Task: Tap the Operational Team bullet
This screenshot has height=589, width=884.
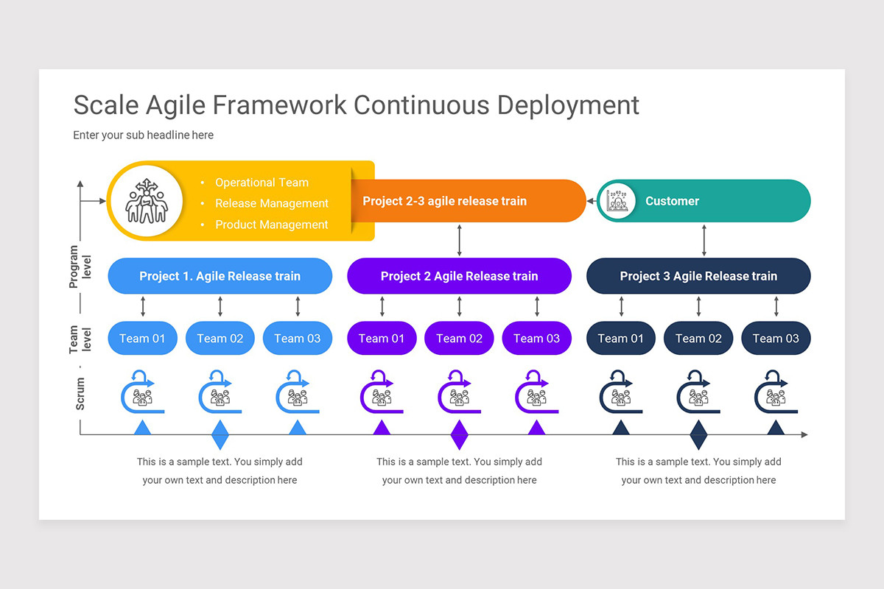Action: (x=262, y=183)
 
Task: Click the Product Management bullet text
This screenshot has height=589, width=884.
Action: (x=271, y=225)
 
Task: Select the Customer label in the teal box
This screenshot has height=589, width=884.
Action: (x=672, y=201)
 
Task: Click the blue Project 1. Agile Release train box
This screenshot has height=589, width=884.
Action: (x=220, y=276)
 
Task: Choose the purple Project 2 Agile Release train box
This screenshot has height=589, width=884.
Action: (x=459, y=276)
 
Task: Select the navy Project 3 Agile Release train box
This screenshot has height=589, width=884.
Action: (x=698, y=276)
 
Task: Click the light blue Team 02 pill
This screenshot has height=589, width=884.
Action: (x=220, y=339)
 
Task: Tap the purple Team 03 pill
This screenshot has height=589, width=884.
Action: (x=536, y=339)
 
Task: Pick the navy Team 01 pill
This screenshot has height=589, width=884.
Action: (x=620, y=339)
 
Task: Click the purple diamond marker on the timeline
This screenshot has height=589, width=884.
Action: (x=459, y=435)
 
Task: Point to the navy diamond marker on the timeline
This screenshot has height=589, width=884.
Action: (x=698, y=435)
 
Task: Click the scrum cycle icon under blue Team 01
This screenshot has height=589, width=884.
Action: (x=142, y=392)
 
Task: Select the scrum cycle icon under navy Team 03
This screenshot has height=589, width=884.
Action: (x=775, y=392)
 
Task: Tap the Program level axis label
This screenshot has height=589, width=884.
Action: (x=80, y=267)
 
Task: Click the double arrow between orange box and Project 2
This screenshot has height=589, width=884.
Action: (x=459, y=240)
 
